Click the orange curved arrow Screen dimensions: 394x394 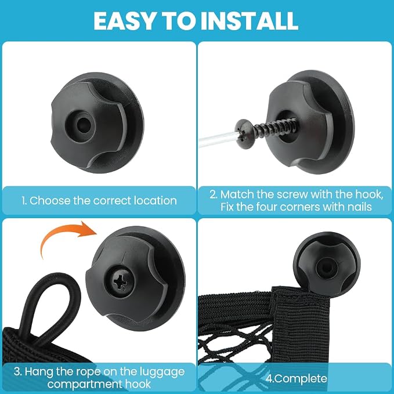click(67, 236)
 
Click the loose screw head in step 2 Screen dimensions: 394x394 click(245, 133)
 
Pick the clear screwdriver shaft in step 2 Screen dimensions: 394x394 click(218, 139)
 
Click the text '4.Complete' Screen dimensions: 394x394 click(297, 378)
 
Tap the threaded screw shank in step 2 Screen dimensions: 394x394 click(274, 128)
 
